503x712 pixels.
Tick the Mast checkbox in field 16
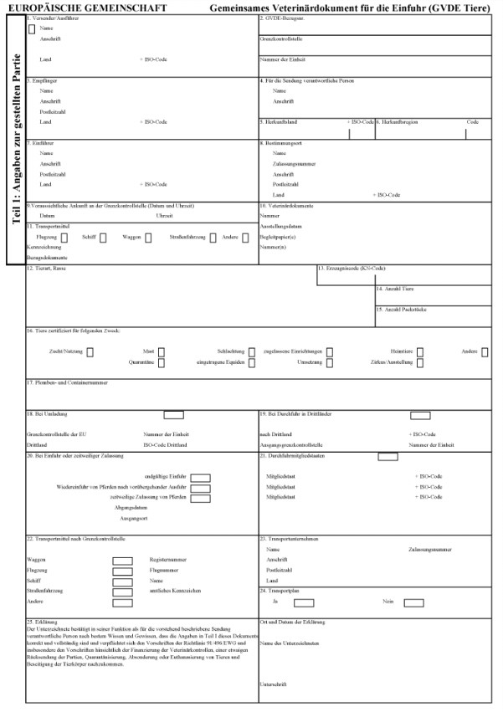pos(162,352)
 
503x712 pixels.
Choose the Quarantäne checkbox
pos(162,363)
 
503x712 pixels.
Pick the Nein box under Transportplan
pos(413,602)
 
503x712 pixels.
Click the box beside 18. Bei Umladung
pos(173,414)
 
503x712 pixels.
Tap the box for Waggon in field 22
pos(122,560)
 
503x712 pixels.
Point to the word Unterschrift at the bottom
pos(273,684)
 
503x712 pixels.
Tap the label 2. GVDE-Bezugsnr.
pos(281,18)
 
